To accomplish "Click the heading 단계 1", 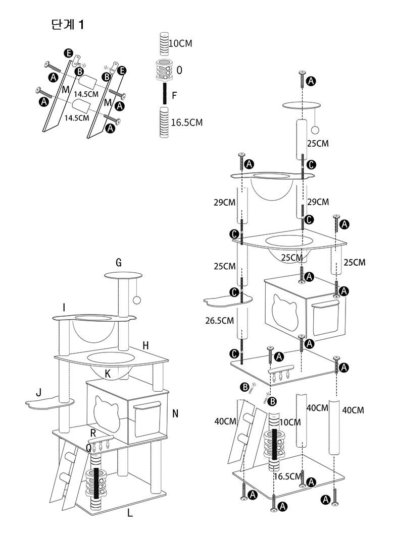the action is tap(67, 25).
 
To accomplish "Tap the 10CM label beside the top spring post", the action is tap(180, 43).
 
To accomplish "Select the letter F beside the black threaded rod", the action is tap(175, 95).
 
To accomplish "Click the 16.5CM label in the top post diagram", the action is tap(187, 123).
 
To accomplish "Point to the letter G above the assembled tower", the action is tap(119, 263).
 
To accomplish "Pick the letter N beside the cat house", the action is tap(175, 413).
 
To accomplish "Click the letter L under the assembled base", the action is tap(130, 513).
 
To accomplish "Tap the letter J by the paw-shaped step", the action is tap(39, 393).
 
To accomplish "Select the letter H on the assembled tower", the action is tap(145, 345).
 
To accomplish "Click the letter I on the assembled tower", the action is tap(64, 308).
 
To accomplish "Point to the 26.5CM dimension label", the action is tap(219, 321).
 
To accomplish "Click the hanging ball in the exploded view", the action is tap(316, 131).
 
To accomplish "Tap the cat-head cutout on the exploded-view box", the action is tap(285, 313).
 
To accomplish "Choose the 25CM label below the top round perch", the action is tap(318, 144).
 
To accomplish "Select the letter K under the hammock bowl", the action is tap(108, 374).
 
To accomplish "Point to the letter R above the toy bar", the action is tap(93, 433).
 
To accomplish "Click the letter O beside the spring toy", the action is tap(179, 70).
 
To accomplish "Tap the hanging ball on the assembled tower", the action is tap(137, 300).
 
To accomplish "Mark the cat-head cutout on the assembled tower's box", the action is tap(107, 412).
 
